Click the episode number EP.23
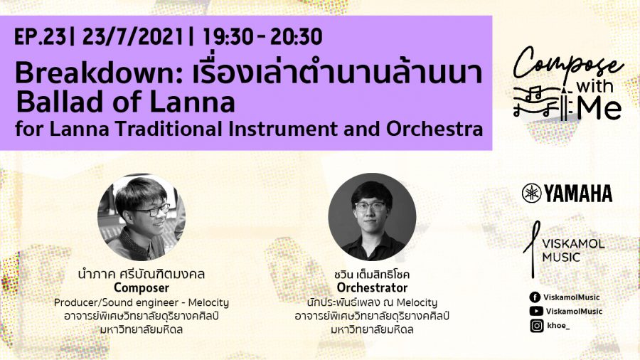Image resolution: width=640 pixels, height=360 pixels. pyautogui.click(x=40, y=37)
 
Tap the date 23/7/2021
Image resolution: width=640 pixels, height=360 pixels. pyautogui.click(x=133, y=37)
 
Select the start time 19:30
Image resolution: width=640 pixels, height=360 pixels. pyautogui.click(x=228, y=37)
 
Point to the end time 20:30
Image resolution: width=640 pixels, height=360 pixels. pyautogui.click(x=296, y=37)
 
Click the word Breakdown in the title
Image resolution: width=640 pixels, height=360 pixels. pyautogui.click(x=98, y=73)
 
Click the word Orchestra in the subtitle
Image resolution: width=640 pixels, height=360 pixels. pyautogui.click(x=434, y=129)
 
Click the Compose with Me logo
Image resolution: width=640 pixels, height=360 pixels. pyautogui.click(x=568, y=84)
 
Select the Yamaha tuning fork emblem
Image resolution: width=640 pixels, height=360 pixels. pyautogui.click(x=531, y=193)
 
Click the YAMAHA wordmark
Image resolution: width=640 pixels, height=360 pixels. pyautogui.click(x=578, y=194)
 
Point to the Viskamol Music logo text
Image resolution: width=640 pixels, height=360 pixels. pyautogui.click(x=573, y=250)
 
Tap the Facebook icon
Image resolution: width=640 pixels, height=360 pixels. pyautogui.click(x=535, y=297)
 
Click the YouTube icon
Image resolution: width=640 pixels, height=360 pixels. pyautogui.click(x=536, y=311)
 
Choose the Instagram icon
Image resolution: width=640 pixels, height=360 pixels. pyautogui.click(x=537, y=326)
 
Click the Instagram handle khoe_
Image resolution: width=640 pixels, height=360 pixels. pyautogui.click(x=558, y=326)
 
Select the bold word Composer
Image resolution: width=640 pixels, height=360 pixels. pyautogui.click(x=142, y=288)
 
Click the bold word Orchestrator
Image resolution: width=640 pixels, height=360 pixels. pyautogui.click(x=372, y=287)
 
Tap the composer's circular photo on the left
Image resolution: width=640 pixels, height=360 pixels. pyautogui.click(x=142, y=217)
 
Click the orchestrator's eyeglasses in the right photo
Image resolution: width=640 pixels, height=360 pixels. pyautogui.click(x=370, y=206)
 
